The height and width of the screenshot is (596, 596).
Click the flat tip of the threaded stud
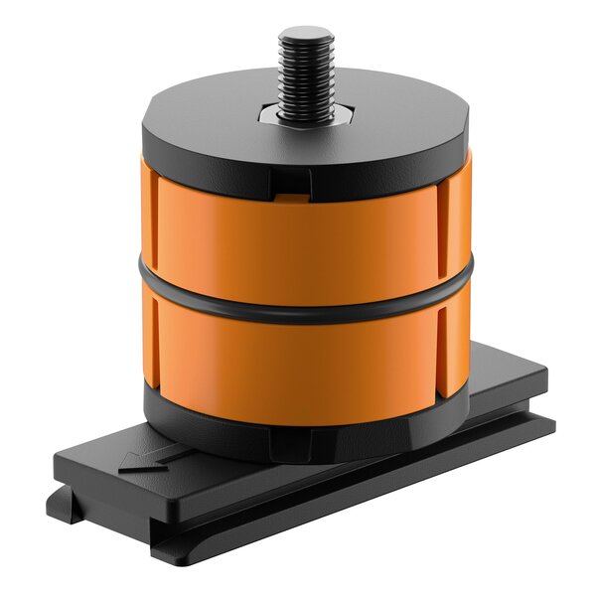point(306,33)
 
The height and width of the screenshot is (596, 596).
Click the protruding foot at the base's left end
point(66,507)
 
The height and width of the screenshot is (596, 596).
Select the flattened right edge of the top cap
point(463,134)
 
